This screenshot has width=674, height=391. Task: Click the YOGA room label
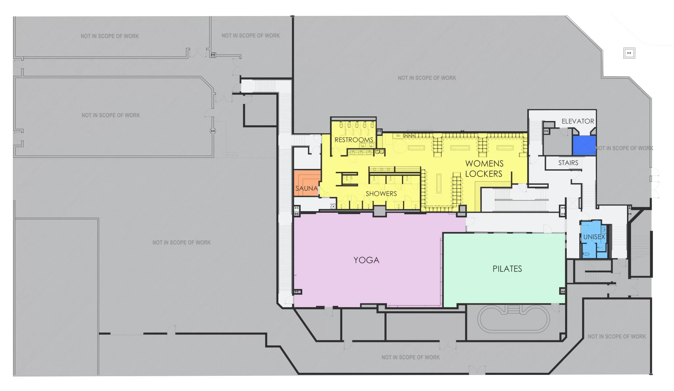[366, 260]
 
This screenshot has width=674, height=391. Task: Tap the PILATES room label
[507, 269]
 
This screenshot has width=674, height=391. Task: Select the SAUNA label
[306, 188]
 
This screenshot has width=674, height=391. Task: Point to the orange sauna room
[307, 183]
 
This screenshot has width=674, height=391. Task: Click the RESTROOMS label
[354, 140]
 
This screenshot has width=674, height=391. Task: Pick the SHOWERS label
[381, 194]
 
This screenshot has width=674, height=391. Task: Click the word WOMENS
[484, 163]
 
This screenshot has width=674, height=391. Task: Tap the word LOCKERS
[483, 174]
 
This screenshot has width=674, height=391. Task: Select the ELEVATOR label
[578, 121]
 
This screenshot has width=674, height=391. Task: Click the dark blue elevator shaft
[584, 145]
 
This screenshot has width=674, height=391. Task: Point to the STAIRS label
[568, 163]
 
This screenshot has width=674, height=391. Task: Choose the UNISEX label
[594, 237]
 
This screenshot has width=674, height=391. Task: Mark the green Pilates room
[504, 268]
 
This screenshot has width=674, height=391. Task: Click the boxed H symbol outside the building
[629, 53]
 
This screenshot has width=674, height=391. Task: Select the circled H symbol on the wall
[213, 131]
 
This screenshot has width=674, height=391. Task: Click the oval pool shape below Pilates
[513, 319]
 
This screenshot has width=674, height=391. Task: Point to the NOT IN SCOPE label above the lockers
[427, 78]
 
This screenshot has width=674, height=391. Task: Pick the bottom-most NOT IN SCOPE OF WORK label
[410, 357]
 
